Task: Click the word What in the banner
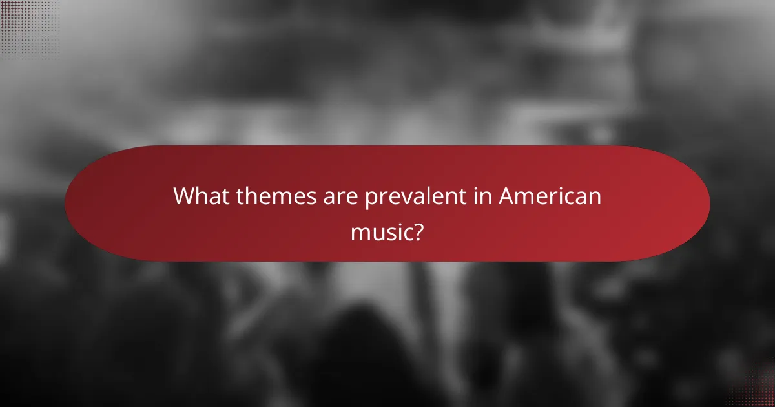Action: point(201,196)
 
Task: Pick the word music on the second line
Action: point(381,231)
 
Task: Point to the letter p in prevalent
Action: point(372,198)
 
